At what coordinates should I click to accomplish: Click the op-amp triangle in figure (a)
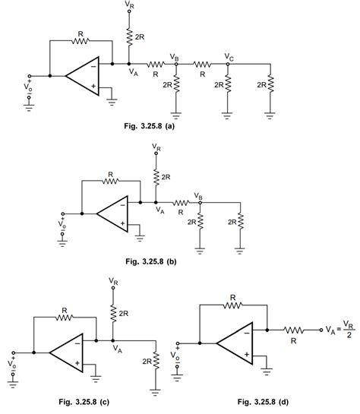(81, 76)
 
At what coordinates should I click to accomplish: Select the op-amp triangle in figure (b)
(112, 213)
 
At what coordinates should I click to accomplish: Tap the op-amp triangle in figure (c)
(67, 353)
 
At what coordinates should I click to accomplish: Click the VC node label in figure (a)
(229, 56)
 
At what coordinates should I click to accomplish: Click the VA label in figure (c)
(117, 349)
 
